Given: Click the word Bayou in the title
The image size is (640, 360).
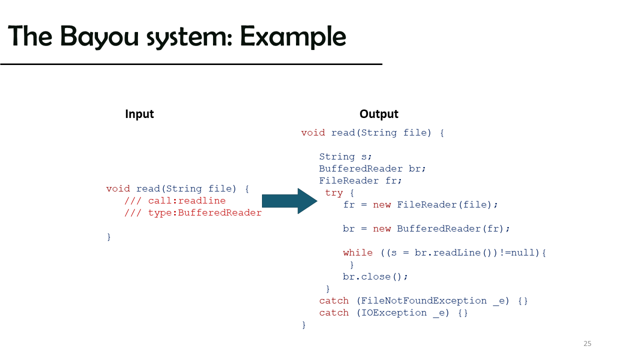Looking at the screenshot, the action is pos(99,37).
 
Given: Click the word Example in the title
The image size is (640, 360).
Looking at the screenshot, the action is pos(293,37).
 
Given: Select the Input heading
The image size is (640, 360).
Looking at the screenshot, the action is pos(139,114).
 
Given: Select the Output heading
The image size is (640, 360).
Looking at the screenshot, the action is pos(379,114).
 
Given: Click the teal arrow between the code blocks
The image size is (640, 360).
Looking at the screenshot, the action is pos(289,201).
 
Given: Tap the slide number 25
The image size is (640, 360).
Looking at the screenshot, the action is pos(587,343).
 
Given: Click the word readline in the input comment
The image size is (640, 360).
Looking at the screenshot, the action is pos(201,200).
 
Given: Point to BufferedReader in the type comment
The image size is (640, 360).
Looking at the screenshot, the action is pos(219,212).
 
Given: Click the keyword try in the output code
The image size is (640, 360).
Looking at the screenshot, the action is pos(334,193).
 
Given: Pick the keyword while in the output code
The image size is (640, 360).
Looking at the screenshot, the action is pos(357,252).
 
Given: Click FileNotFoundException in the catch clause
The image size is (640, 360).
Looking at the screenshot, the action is pos(423,300).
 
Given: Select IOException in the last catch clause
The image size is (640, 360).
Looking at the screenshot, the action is pos(394,312).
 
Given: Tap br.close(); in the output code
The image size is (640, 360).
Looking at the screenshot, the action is pos(375,276).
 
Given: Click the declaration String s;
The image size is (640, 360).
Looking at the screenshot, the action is pos(345,156).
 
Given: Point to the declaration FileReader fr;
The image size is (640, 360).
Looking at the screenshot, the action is pos(360,180).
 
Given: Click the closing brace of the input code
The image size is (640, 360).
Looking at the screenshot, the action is pos(109,237).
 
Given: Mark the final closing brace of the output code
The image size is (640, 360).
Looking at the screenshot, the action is pos(303,325).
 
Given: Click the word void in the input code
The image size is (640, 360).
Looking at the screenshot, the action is pos(118,188).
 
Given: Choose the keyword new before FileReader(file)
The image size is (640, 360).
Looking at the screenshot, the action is pos(381,205).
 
